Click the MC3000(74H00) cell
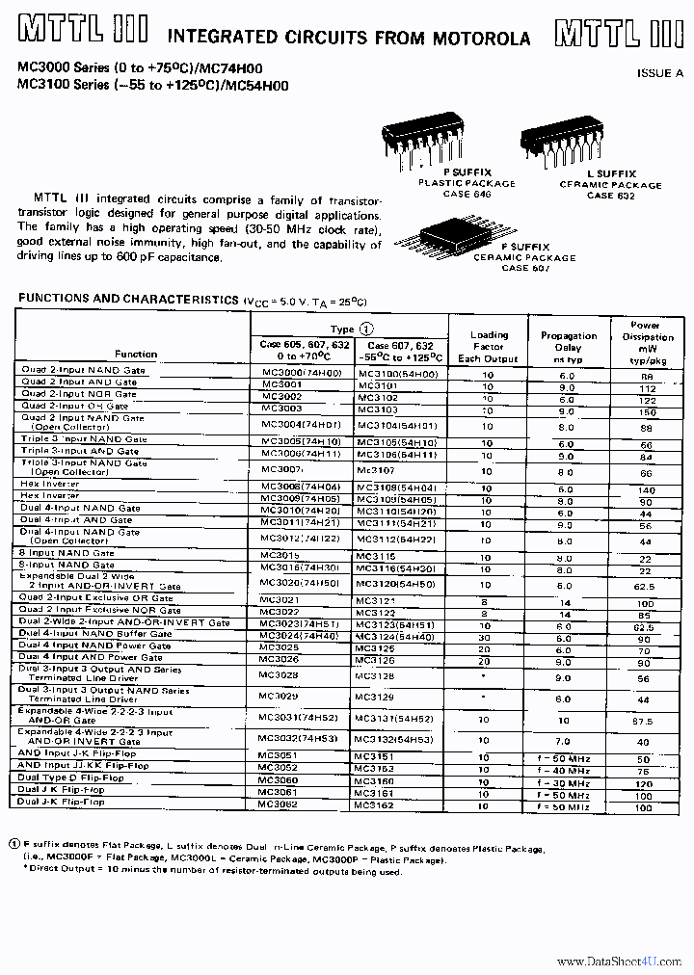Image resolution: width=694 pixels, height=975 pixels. (297, 372)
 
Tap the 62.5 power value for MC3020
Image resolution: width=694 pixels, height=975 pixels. (645, 585)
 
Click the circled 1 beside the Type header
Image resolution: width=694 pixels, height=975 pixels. (365, 329)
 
